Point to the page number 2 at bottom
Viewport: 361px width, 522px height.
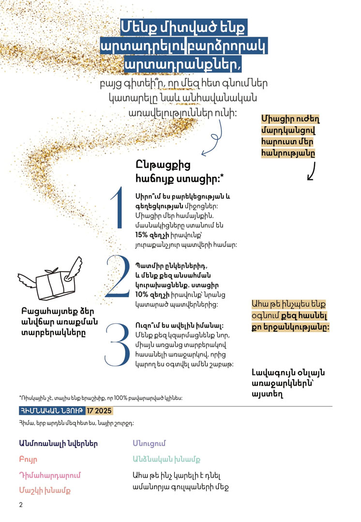coord(21,505)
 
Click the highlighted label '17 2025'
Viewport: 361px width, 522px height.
coord(99,411)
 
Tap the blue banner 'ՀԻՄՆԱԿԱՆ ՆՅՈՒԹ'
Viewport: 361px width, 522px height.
coord(51,411)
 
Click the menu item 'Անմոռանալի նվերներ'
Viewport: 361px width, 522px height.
coord(58,443)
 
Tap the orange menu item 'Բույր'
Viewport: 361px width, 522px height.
coord(28,459)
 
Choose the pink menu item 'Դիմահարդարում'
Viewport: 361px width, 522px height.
coord(49,475)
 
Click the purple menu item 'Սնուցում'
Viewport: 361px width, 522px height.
coord(150,443)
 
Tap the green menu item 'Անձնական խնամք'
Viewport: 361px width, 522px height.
coord(166,459)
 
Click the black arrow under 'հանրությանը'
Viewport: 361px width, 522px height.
coord(312,171)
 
